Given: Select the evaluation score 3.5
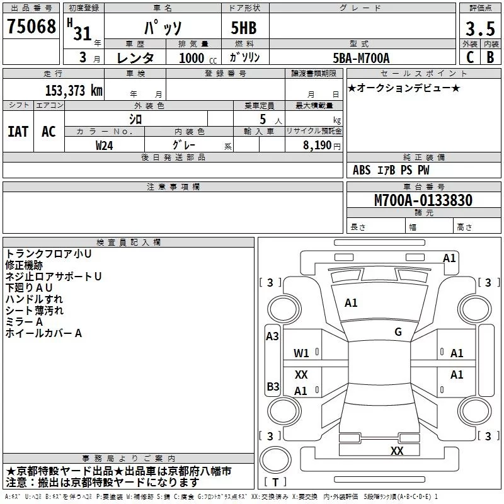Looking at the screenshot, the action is pyautogui.click(x=479, y=29).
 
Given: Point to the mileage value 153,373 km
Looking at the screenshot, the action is pyautogui.click(x=74, y=90).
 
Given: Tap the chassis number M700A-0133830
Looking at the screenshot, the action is pyautogui.click(x=423, y=201).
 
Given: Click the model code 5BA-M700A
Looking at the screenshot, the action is pyautogui.click(x=362, y=58).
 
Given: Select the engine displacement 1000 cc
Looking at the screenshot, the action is pyautogui.click(x=197, y=58).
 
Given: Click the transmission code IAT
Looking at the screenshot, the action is pyautogui.click(x=18, y=132).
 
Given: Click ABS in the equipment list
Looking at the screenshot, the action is pyautogui.click(x=362, y=170).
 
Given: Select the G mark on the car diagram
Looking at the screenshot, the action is pyautogui.click(x=398, y=331).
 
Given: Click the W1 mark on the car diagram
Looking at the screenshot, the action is pyautogui.click(x=301, y=353).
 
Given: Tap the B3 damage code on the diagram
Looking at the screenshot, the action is pyautogui.click(x=272, y=386).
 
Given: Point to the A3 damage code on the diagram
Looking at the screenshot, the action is pyautogui.click(x=272, y=336).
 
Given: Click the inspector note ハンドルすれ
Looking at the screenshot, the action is pyautogui.click(x=34, y=299).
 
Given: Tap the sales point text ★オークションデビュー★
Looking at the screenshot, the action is pyautogui.click(x=404, y=88).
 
